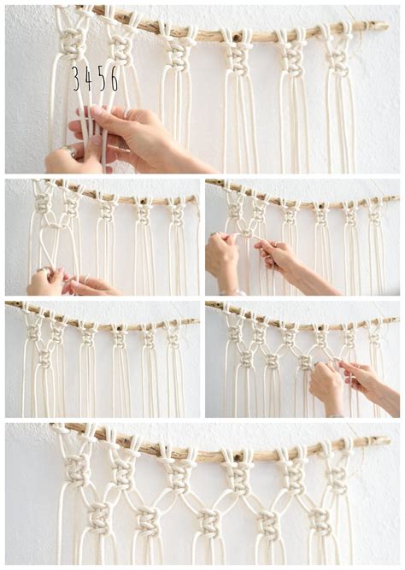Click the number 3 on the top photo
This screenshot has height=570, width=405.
[76, 78]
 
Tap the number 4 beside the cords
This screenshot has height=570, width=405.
[89, 78]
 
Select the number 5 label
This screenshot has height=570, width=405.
[102, 78]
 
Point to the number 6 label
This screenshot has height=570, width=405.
[114, 78]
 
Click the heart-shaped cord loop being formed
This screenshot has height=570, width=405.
[50, 242]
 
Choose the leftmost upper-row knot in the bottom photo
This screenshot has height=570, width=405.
[77, 468]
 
